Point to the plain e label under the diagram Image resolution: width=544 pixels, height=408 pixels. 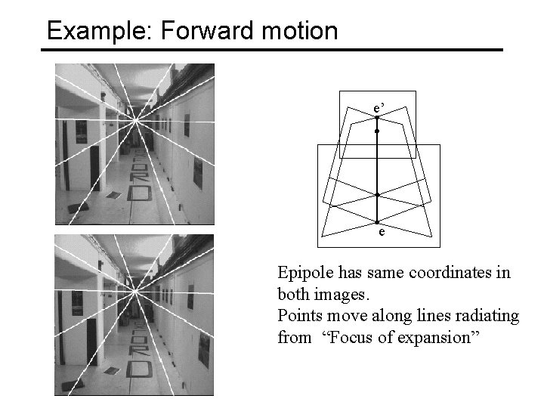382,233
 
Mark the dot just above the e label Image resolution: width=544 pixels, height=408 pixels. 377,222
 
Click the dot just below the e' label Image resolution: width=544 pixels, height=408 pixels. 377,118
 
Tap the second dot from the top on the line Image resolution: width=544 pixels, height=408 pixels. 377,131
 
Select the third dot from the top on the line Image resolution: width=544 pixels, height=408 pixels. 377,195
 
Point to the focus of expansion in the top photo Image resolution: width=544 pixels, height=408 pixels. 135,119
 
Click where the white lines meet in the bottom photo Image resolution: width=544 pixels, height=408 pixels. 135,289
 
